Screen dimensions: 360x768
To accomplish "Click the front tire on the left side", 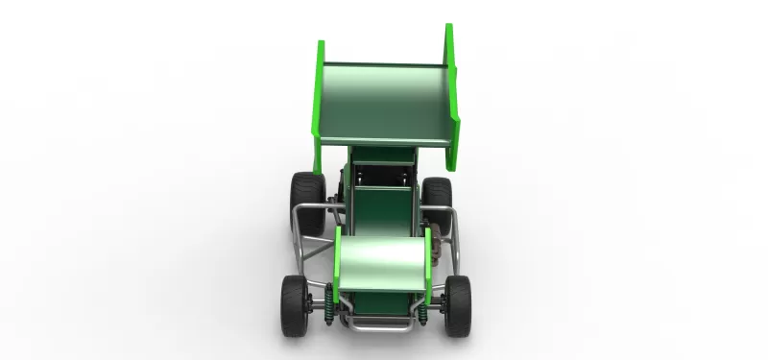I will [294, 305].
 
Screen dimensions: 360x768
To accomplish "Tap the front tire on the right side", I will [458, 304].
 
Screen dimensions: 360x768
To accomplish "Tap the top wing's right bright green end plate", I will [451, 86].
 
